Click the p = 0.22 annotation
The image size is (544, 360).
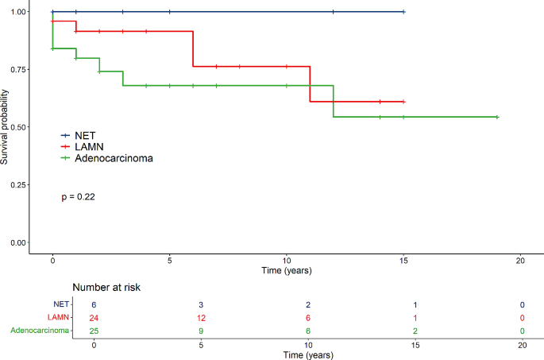point(79,196)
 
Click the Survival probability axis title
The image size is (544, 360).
point(5,127)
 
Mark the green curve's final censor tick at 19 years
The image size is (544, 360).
point(497,117)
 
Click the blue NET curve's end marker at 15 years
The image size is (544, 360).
point(403,12)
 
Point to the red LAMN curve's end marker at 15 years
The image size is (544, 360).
point(403,102)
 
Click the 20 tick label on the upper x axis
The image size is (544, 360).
point(520,260)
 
